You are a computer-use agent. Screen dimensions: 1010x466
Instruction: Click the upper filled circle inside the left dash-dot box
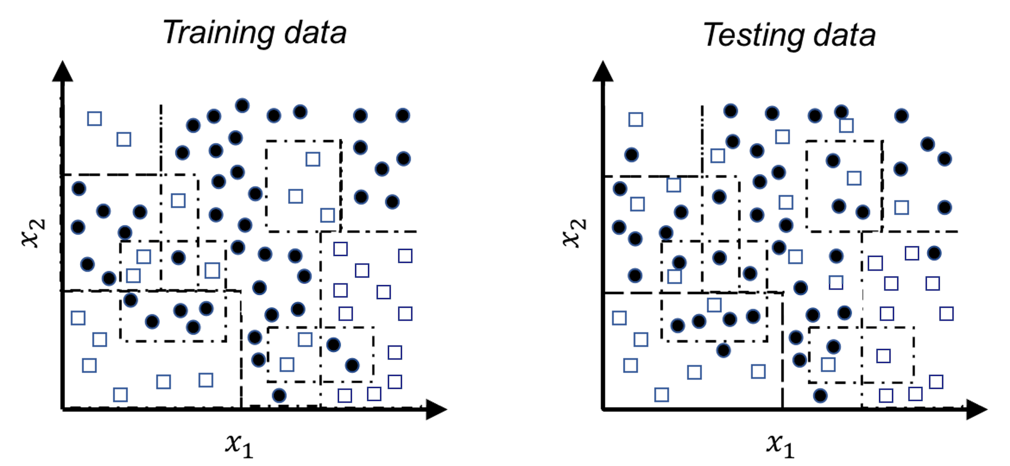(334, 345)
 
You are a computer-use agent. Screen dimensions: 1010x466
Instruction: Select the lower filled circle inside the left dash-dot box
(352, 365)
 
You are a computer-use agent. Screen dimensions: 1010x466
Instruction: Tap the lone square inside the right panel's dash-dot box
(884, 356)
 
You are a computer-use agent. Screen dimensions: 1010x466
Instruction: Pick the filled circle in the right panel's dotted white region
(934, 253)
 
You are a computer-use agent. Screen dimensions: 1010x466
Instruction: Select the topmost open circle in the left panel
(242, 105)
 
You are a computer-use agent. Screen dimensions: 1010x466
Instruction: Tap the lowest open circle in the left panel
(279, 396)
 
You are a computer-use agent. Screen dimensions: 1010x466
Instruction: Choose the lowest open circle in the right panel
(820, 396)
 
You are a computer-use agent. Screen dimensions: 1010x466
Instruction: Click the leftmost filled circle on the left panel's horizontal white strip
(259, 287)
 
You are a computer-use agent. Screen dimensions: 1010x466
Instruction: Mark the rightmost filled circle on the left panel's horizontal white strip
(298, 309)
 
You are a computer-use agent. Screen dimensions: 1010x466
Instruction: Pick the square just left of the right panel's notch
(846, 126)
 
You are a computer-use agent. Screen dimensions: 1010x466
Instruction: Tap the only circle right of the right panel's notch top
(902, 116)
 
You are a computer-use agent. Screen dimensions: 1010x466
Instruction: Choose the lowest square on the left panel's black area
(120, 395)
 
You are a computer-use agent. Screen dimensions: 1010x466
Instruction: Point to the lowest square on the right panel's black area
(662, 395)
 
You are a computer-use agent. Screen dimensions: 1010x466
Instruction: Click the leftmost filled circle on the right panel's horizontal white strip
(801, 287)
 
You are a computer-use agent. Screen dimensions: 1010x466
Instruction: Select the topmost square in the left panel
(95, 119)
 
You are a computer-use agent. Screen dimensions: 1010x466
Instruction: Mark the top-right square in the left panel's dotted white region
(405, 256)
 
